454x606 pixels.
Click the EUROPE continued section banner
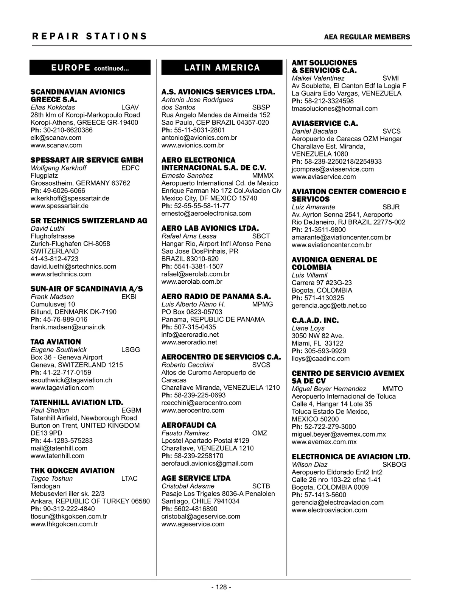pyautogui.click(x=90, y=68)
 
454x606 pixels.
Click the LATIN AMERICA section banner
pyautogui.click(x=222, y=68)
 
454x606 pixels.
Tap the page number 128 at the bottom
pyautogui.click(x=221, y=587)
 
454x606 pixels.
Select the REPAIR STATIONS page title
pyautogui.click(x=90, y=36)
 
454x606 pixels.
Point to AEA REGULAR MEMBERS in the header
pyautogui.click(x=367, y=37)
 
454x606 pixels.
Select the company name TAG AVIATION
pyautogui.click(x=56, y=342)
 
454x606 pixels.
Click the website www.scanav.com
pyautogui.click(x=56, y=145)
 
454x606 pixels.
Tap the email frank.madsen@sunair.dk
pyautogui.click(x=68, y=327)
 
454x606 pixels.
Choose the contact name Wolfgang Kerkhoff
pyautogui.click(x=58, y=168)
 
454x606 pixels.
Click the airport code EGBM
pyautogui.click(x=131, y=411)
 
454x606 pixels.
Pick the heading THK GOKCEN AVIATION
pyautogui.click(x=72, y=471)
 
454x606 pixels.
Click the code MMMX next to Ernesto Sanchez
pyautogui.click(x=263, y=176)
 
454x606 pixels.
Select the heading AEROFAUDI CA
pyautogui.click(x=189, y=425)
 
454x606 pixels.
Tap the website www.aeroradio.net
pyautogui.click(x=189, y=342)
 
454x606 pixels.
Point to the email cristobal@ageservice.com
pyautogui.click(x=201, y=517)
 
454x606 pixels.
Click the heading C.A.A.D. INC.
pyautogui.click(x=315, y=320)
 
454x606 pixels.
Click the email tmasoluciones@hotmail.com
pyautogui.click(x=334, y=109)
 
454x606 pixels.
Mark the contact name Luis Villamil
pyautogui.click(x=309, y=275)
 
